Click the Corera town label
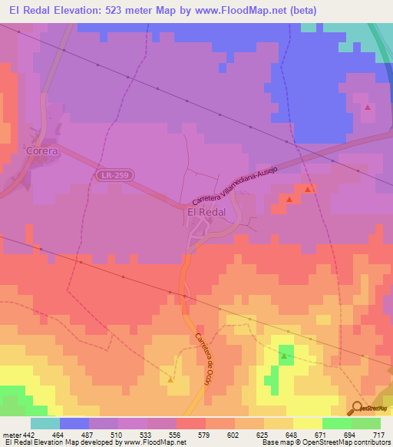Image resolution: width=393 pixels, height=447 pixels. coord(41,151)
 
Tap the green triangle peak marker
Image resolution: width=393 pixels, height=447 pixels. coord(286,356)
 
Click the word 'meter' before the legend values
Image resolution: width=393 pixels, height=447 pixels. coord(10,434)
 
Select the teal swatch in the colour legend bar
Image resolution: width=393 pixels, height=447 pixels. coord(45,423)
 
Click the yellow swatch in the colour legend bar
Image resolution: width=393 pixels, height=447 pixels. coord(307,423)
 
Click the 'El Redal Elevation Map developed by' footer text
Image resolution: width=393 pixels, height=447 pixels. coord(54,442)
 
